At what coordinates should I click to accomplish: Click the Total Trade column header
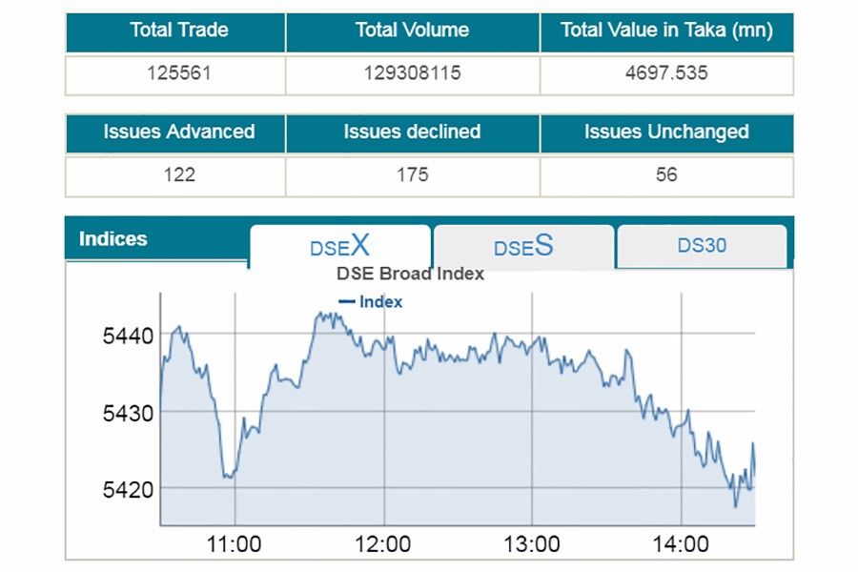(178, 31)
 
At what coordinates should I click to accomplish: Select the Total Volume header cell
(412, 31)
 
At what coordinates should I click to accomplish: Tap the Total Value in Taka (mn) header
(666, 31)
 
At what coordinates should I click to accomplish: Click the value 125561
(178, 72)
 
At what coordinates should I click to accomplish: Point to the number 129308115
(412, 72)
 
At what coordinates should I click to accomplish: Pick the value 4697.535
(666, 72)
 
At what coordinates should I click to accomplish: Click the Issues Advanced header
(178, 133)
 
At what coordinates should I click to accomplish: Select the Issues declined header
(412, 133)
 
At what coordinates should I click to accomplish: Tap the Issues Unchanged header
(666, 133)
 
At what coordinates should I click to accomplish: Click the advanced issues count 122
(178, 174)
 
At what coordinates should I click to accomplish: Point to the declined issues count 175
(412, 174)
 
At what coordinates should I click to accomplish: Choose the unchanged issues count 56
(666, 174)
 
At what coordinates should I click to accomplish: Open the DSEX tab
(339, 247)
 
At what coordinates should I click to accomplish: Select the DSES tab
(522, 248)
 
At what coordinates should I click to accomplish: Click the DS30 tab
(702, 246)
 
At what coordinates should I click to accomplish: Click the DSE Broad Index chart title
(410, 275)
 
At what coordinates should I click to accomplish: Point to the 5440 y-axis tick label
(128, 337)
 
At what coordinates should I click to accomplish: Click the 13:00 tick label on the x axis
(532, 545)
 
